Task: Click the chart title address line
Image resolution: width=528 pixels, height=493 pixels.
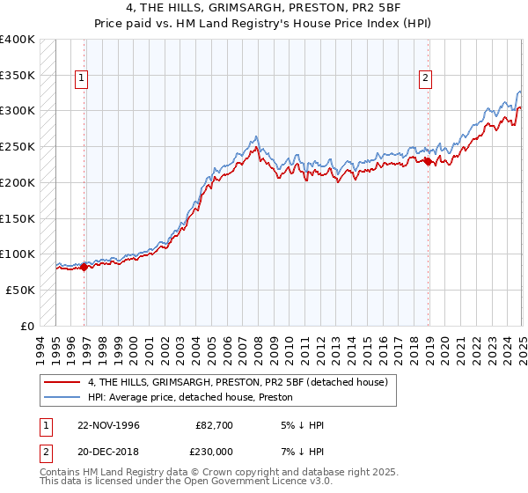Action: point(264,9)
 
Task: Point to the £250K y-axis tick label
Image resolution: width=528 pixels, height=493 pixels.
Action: point(18,146)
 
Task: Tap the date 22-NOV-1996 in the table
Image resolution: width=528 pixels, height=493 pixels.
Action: point(108,425)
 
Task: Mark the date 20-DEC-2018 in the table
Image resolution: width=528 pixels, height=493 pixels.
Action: point(108,452)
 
